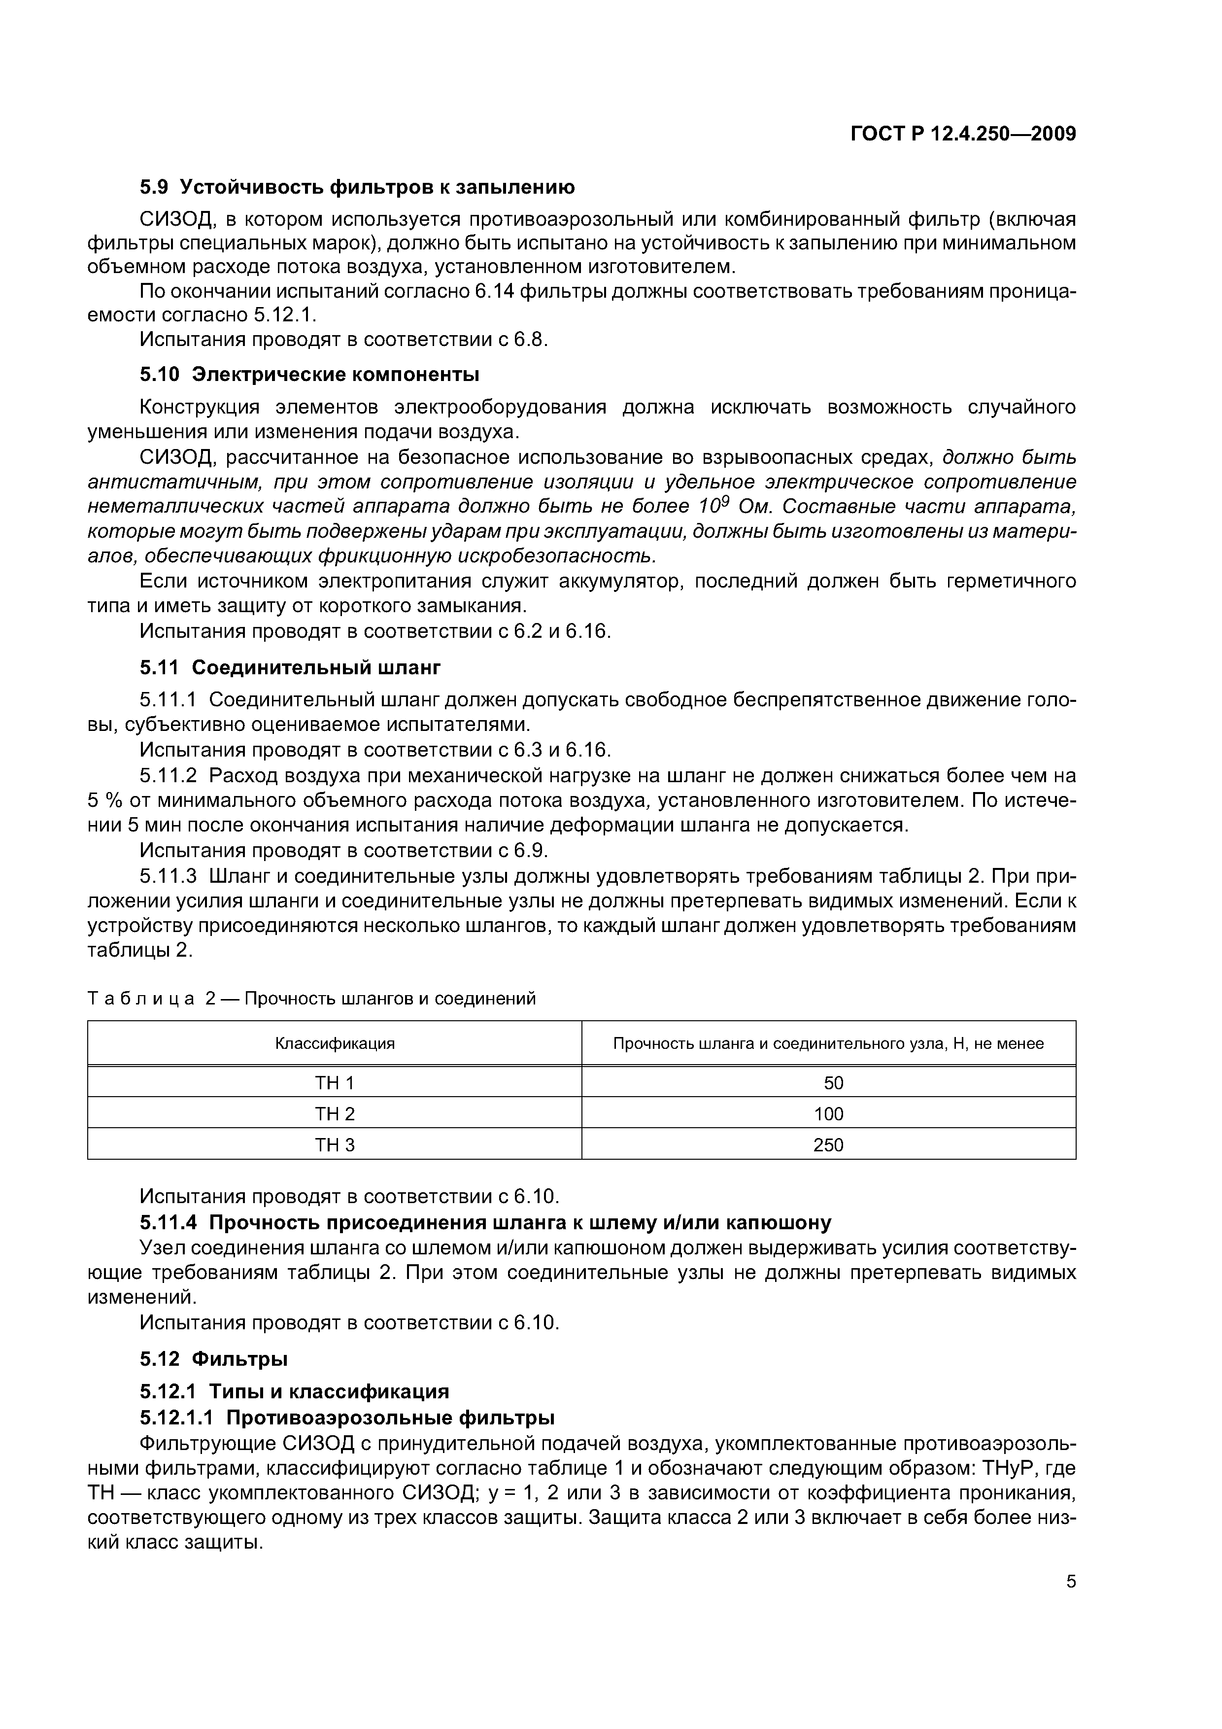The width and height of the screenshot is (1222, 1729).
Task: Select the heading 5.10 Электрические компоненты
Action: pyautogui.click(x=309, y=374)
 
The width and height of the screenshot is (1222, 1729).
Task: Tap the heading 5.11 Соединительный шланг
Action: pyautogui.click(x=290, y=667)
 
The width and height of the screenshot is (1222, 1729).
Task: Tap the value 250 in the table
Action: pyautogui.click(x=828, y=1144)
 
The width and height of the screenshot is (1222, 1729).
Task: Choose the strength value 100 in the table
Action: pyautogui.click(x=828, y=1114)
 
